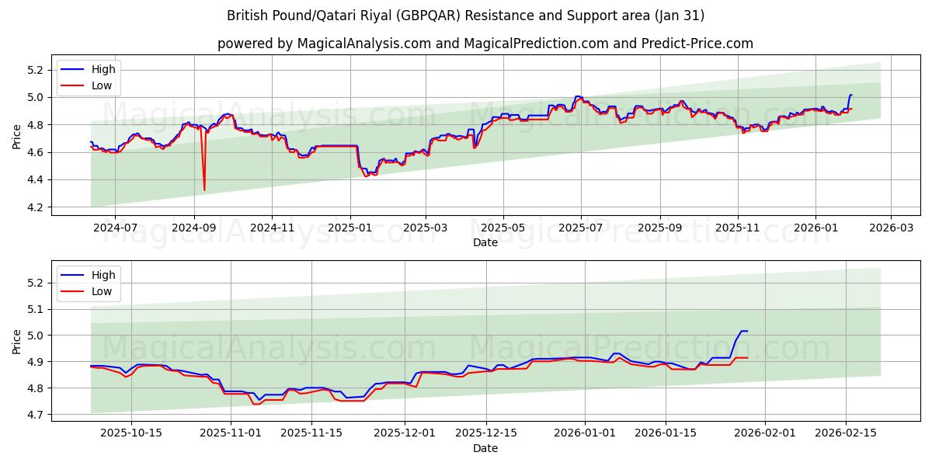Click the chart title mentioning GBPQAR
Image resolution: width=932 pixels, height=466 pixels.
(x=465, y=16)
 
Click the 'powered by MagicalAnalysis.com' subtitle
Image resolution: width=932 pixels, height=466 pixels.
(x=485, y=43)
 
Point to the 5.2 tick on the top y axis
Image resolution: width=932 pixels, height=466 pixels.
(x=34, y=70)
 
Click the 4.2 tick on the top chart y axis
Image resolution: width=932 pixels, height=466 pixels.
(x=34, y=207)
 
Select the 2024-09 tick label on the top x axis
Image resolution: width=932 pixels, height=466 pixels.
(x=193, y=228)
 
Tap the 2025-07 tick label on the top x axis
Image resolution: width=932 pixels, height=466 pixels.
(x=581, y=228)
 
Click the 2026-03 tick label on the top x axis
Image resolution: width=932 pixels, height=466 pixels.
(x=890, y=228)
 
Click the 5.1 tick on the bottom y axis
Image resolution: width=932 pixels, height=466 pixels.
(x=34, y=309)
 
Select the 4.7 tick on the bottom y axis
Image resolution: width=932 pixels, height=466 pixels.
(x=34, y=415)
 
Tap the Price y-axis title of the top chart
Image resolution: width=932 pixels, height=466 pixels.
(x=17, y=137)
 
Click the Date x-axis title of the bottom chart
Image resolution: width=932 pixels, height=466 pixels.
(x=485, y=448)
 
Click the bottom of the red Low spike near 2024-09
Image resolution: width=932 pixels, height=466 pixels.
(x=204, y=190)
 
